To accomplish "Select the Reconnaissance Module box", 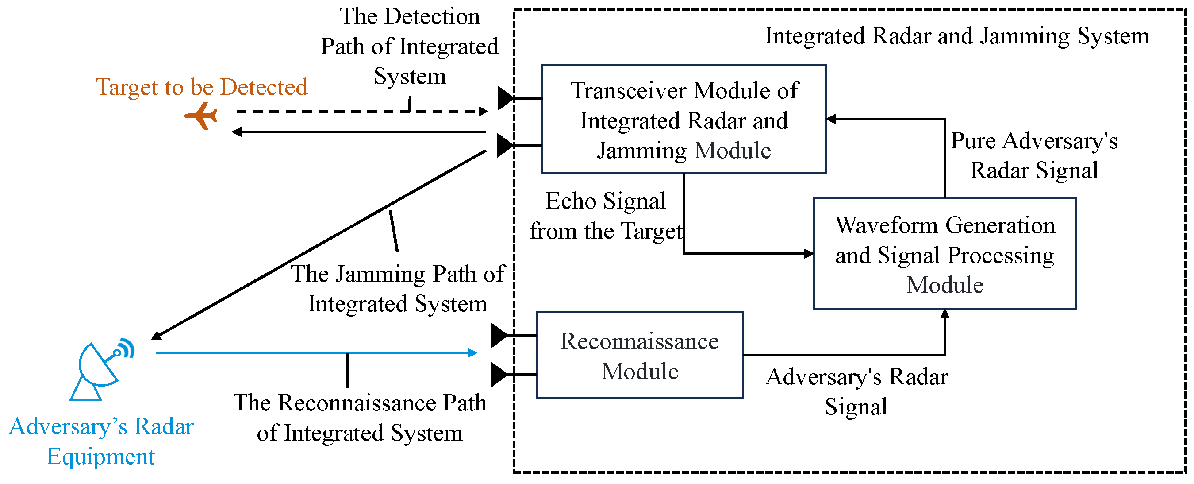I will [x=640, y=355].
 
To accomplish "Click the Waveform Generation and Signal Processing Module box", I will [x=944, y=254].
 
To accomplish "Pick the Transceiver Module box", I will [x=683, y=119].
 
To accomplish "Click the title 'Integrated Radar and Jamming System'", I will [x=957, y=36].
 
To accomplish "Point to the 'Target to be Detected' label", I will [x=202, y=87].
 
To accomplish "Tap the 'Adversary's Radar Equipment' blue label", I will [x=100, y=441].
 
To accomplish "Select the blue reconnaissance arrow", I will [x=315, y=352].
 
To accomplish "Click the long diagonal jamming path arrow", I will [x=320, y=244].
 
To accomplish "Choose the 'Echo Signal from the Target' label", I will [x=606, y=216].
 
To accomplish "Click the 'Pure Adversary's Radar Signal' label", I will [x=1033, y=155].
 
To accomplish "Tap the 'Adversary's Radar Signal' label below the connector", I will [x=856, y=391].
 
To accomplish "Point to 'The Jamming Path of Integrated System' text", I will [x=397, y=289].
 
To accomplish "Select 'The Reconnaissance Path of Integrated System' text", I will [x=360, y=418].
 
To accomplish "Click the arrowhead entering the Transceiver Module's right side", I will [x=832, y=119].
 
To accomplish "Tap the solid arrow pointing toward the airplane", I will [x=357, y=132].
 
